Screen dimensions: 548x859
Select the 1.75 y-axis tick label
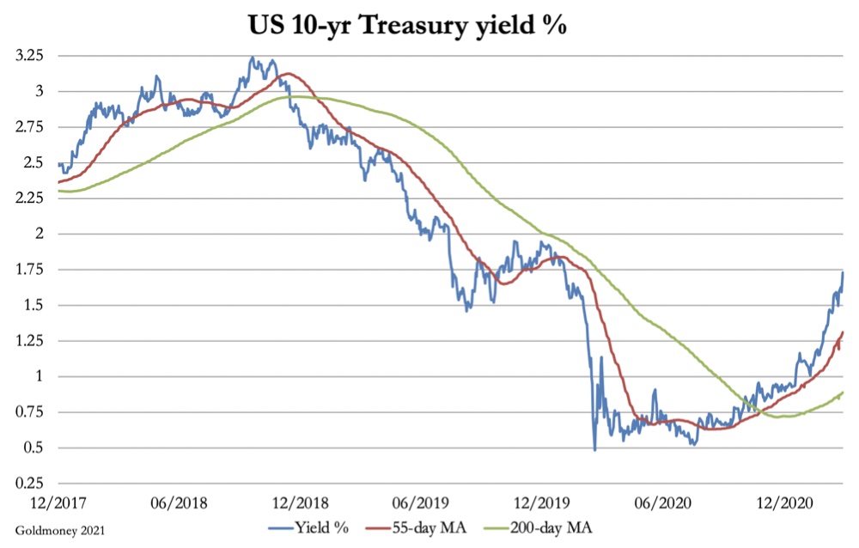pyautogui.click(x=32, y=270)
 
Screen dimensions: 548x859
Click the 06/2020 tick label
pyautogui.click(x=658, y=501)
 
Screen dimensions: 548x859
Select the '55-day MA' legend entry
pyautogui.click(x=447, y=527)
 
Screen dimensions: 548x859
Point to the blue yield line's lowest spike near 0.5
pyautogui.click(x=594, y=449)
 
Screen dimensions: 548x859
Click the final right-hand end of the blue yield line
pyautogui.click(x=843, y=272)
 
